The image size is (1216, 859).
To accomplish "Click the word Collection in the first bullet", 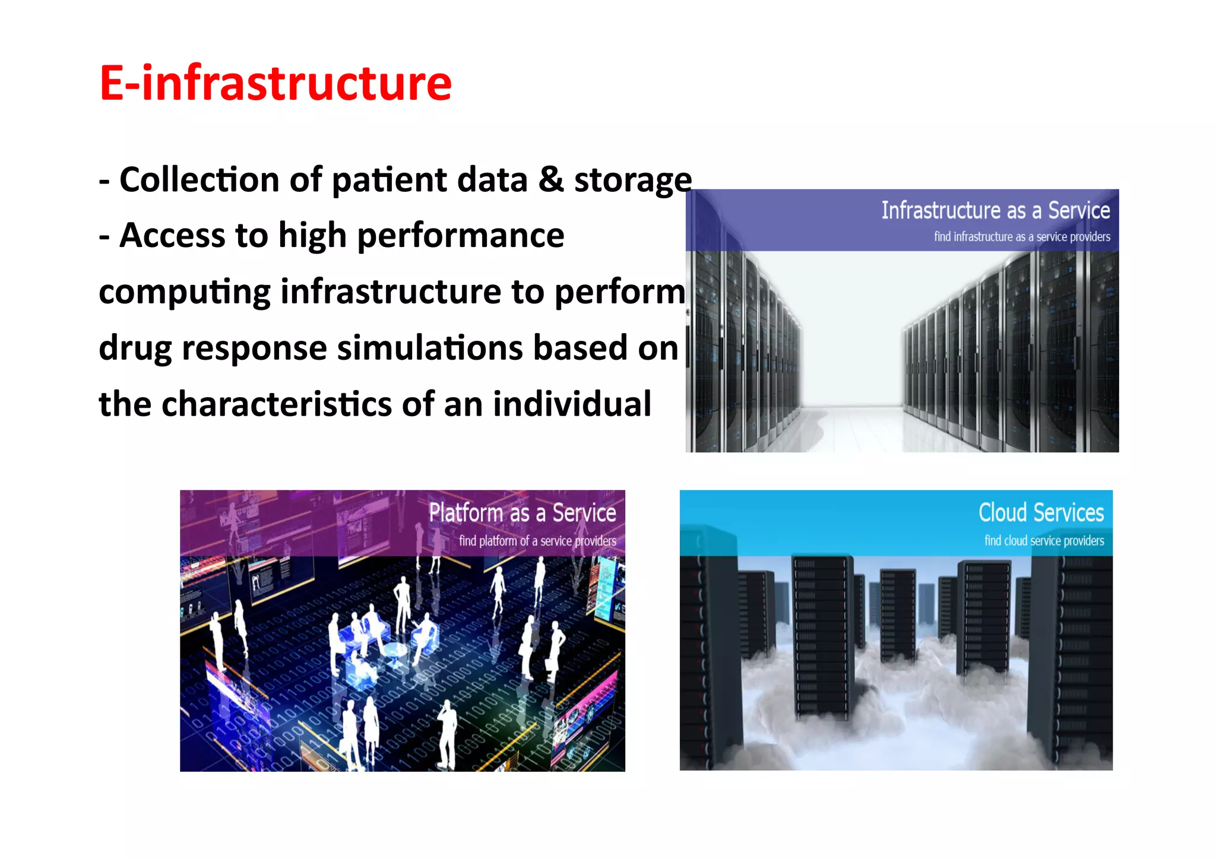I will (x=199, y=180).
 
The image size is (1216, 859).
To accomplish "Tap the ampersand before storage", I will (x=551, y=180).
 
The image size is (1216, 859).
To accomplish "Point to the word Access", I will (x=172, y=236).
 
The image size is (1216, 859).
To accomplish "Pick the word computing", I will (x=184, y=293).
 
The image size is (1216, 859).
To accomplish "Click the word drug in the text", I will (x=135, y=349).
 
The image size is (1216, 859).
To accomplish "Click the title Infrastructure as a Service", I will (x=995, y=211).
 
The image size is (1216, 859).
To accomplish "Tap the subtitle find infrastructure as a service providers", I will (x=1021, y=237).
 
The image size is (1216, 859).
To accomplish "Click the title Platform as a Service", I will (x=522, y=513).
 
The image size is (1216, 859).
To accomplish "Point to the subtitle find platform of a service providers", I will (x=537, y=541).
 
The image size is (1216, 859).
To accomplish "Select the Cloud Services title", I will (x=1041, y=513).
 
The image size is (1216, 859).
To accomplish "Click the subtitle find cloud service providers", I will (x=1044, y=541).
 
